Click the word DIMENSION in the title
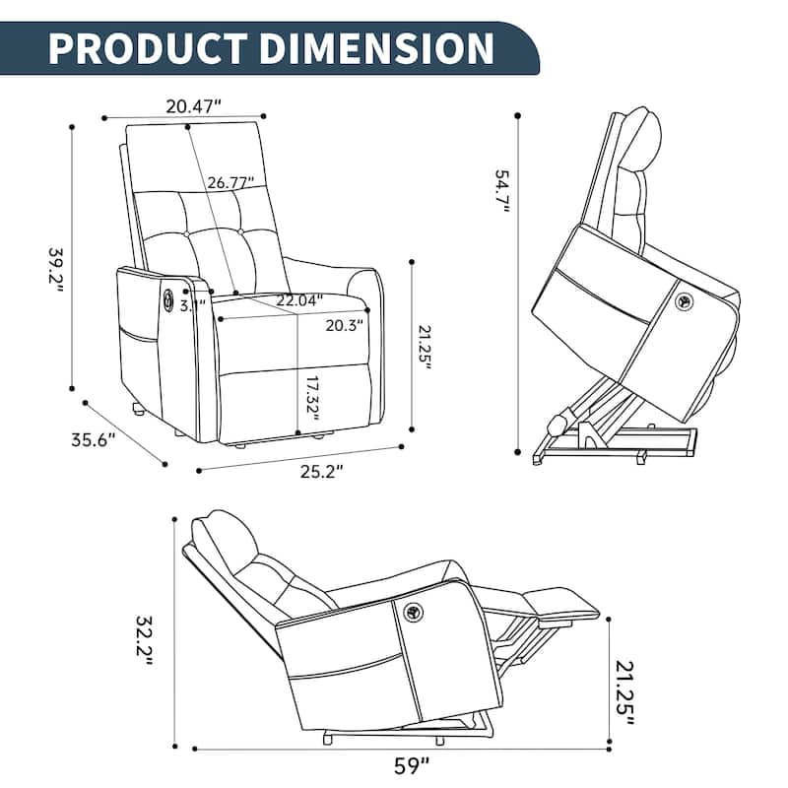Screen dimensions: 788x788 point(380,47)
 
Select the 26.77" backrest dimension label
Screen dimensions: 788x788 point(230,182)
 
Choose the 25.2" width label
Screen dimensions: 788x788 point(320,471)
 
